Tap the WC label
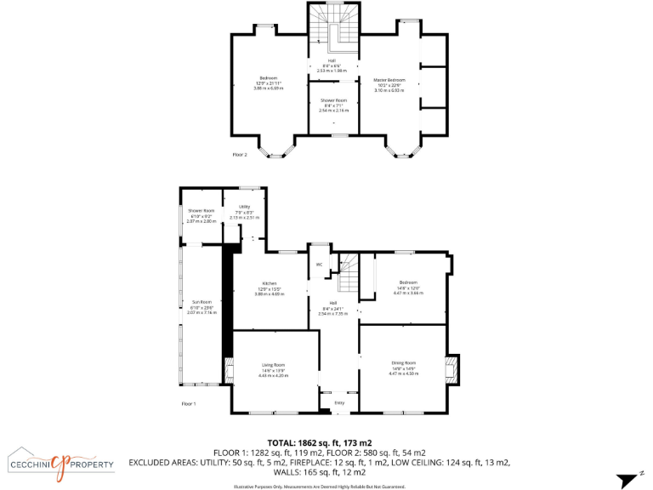[319, 265]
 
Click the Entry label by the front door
[339, 402]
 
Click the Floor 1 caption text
[189, 403]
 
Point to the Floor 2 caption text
[240, 155]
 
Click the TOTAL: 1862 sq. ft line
[320, 443]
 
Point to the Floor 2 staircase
[333, 26]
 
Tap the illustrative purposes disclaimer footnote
[320, 486]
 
